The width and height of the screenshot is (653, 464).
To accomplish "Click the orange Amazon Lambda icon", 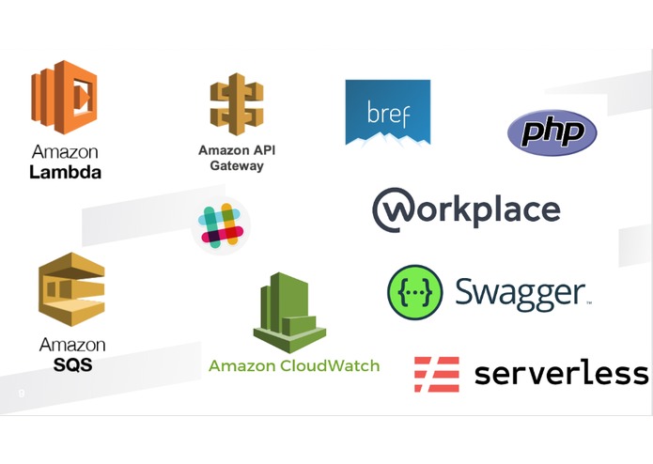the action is tap(64, 98).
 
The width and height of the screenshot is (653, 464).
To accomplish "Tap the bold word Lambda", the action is tap(66, 172).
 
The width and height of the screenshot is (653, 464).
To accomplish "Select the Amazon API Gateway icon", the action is tap(237, 104).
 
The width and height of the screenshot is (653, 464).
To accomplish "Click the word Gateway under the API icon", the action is tap(237, 165).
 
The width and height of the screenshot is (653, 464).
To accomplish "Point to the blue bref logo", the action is tap(388, 113).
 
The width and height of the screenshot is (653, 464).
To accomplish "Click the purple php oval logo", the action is tap(552, 132).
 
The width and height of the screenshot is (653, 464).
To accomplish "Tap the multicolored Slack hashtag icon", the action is tap(221, 225).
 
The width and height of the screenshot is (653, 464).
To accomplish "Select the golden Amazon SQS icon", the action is tap(71, 289).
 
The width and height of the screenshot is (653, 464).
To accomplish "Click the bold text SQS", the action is tap(73, 365).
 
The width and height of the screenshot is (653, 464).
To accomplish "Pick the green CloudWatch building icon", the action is tap(289, 313).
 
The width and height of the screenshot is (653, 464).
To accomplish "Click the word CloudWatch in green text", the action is tap(330, 365).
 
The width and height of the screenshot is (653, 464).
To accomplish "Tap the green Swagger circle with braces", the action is tap(414, 292).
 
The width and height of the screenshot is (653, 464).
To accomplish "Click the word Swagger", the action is tap(521, 294).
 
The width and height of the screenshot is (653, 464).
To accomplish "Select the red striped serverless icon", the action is tap(437, 375).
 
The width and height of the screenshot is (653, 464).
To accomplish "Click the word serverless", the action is tap(561, 373).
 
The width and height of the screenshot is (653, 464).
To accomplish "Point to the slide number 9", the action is tap(22, 394).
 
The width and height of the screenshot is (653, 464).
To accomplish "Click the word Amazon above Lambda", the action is tap(65, 152).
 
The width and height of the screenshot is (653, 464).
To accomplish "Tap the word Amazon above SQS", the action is tap(72, 345).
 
